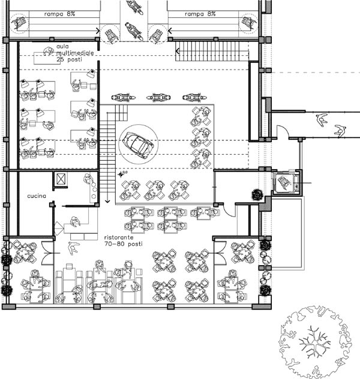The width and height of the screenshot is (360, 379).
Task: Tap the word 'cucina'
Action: tap(37, 195)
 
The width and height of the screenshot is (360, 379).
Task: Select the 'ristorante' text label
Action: tap(119, 237)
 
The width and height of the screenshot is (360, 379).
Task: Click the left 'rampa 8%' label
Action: tap(59, 14)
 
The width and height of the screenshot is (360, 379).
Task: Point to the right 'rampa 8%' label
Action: tap(200, 14)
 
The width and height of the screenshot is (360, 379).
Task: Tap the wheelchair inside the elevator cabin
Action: tap(284, 182)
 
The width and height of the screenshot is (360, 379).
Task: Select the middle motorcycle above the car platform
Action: tap(158, 97)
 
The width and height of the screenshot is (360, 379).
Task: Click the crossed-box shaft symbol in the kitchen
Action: tap(61, 179)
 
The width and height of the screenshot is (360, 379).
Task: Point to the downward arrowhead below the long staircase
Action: tap(107, 201)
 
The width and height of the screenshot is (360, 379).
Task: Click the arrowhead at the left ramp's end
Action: tap(98, 31)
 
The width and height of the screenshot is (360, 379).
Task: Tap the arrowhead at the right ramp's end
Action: tap(170, 31)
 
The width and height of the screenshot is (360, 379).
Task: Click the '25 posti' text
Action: tap(70, 59)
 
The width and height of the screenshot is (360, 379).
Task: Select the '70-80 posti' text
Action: tap(124, 244)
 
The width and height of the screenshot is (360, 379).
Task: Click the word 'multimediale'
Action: tap(75, 53)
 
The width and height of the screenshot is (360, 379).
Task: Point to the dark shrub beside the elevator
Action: tap(257, 194)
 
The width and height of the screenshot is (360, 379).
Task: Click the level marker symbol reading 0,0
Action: tap(122, 174)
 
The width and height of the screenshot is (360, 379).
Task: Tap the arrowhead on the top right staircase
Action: tap(178, 51)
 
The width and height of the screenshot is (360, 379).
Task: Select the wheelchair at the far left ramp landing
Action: tap(19, 22)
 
